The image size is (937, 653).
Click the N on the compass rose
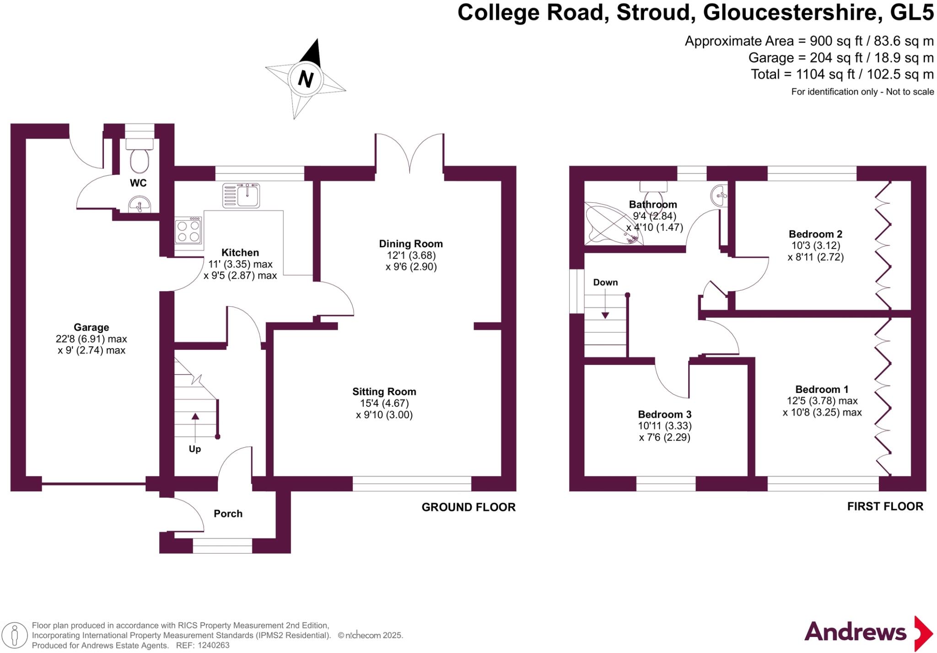click(x=306, y=79)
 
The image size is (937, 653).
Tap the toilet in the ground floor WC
click(x=140, y=158)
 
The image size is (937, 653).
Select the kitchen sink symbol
click(x=241, y=195)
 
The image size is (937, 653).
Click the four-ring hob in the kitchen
click(x=188, y=231)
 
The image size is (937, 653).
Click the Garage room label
click(x=92, y=327)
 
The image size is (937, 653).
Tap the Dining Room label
click(x=411, y=244)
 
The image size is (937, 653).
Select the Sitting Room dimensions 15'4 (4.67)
click(x=384, y=403)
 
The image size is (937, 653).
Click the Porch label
click(x=228, y=514)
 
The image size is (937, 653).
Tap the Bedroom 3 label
click(x=665, y=414)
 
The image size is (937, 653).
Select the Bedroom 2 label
click(x=815, y=234)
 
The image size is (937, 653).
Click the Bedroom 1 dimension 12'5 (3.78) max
click(x=822, y=401)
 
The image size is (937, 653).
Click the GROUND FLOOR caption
click(x=468, y=507)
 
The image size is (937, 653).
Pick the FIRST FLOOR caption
click(x=885, y=506)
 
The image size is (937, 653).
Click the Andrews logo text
click(x=855, y=632)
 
